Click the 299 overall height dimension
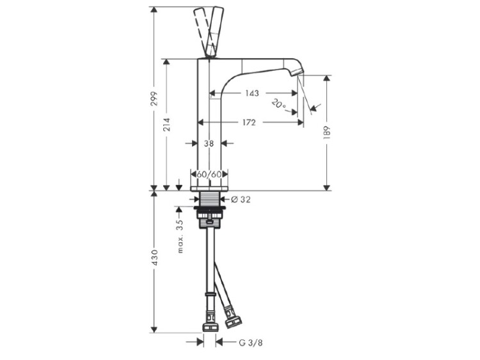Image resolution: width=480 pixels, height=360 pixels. pyautogui.click(x=156, y=98)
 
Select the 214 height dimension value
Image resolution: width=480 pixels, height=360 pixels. pyautogui.click(x=167, y=125)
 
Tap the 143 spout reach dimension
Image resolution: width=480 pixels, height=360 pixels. pyautogui.click(x=252, y=93)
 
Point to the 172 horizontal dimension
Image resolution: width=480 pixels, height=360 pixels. pyautogui.click(x=249, y=123)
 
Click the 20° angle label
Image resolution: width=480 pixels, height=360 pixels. pyautogui.click(x=279, y=104)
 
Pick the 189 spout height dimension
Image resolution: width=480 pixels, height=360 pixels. pyautogui.click(x=326, y=133)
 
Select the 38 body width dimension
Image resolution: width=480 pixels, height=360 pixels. pyautogui.click(x=209, y=143)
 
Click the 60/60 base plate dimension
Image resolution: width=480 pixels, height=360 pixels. pyautogui.click(x=209, y=175)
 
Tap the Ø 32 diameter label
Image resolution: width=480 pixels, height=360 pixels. pyautogui.click(x=241, y=200)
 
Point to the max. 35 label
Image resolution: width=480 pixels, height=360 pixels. pyautogui.click(x=180, y=237)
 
